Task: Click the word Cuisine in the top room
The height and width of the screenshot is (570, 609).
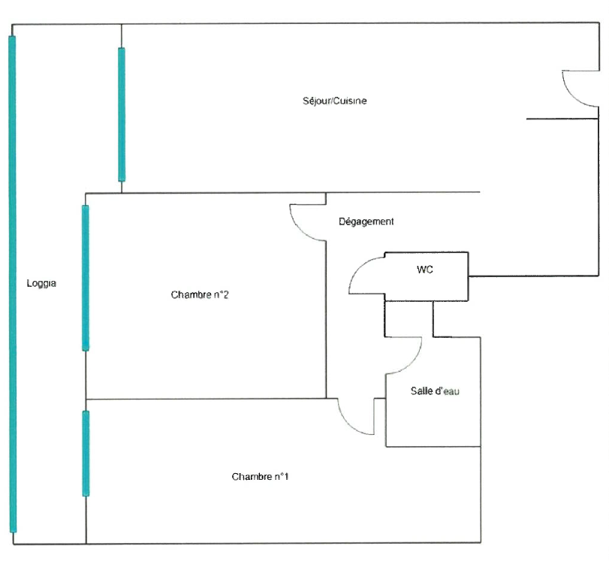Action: [350, 101]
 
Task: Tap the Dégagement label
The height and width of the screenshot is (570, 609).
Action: [366, 222]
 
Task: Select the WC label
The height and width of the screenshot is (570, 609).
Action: [425, 269]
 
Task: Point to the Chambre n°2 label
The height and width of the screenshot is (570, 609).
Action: [200, 295]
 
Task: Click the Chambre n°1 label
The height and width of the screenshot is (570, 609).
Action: [261, 477]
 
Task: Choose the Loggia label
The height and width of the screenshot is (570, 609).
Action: [41, 284]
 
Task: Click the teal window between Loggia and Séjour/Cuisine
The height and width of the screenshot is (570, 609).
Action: [122, 114]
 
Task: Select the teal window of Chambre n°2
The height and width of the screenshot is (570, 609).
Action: [86, 277]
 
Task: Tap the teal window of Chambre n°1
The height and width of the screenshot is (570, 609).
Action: [86, 453]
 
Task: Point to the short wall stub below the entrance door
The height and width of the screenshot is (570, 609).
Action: [563, 119]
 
